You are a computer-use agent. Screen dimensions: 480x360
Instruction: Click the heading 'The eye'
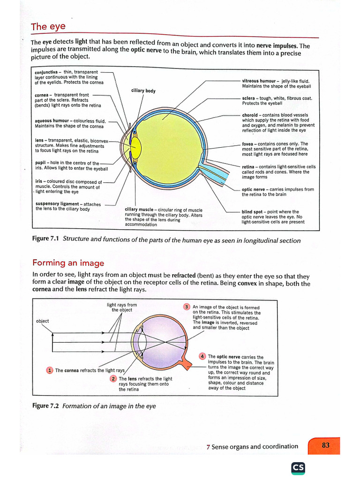(x=48, y=27)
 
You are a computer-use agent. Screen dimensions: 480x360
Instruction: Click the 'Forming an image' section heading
(x=68, y=263)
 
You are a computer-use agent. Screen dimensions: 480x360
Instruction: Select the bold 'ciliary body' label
(x=143, y=91)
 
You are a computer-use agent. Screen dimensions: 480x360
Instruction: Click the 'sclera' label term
(x=248, y=98)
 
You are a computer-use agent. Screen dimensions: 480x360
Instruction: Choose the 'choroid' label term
(x=250, y=115)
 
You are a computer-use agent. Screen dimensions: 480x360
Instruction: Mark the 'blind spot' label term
(x=252, y=212)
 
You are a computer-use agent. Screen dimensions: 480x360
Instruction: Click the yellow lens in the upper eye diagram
(x=136, y=148)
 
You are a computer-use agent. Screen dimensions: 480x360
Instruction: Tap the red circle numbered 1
(x=50, y=370)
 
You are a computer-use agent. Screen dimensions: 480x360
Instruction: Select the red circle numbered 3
(x=187, y=307)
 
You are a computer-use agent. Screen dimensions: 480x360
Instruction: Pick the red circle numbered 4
(x=202, y=356)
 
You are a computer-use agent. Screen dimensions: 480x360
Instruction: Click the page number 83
(x=326, y=445)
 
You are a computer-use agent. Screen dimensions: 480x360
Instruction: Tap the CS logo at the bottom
(x=298, y=468)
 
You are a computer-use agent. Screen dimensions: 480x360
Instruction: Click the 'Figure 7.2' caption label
(x=45, y=405)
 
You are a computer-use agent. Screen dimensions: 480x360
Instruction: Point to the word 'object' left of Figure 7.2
(x=42, y=321)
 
